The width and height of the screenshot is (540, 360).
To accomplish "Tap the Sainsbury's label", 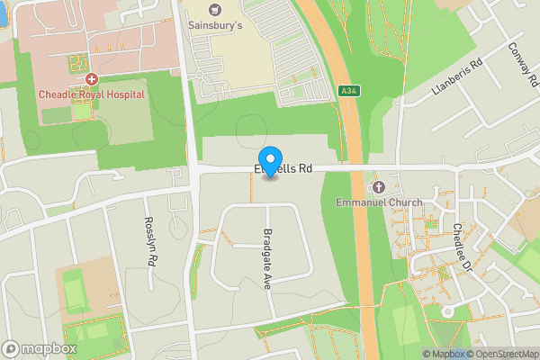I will [215, 26].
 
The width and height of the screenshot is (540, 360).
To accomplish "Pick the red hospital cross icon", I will [92, 79].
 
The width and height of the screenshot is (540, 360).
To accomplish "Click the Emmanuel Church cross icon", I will [378, 186].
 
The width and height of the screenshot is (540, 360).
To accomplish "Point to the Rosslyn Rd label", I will [150, 241].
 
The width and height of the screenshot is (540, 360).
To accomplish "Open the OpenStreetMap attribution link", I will [503, 354].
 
